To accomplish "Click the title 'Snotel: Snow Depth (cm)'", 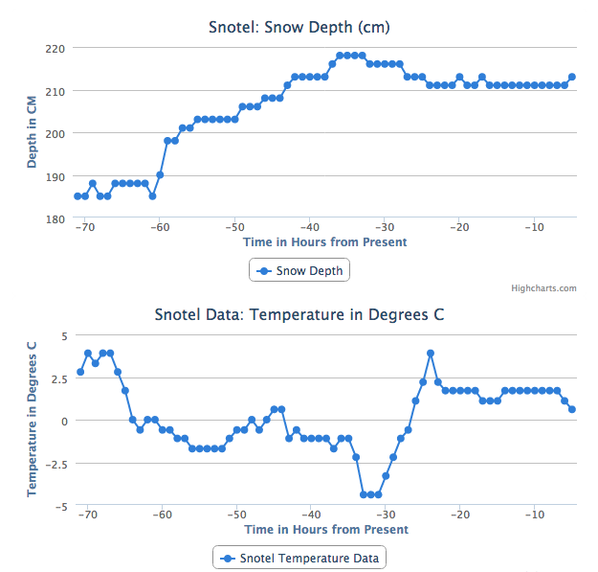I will [299, 26].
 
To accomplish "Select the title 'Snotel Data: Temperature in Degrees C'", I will [299, 314].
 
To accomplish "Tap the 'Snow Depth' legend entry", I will [299, 271].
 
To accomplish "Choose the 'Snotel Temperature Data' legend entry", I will [299, 558].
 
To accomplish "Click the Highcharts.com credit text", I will [543, 287].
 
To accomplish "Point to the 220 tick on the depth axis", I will [55, 48].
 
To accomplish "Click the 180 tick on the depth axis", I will [55, 219].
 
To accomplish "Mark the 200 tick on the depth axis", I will [55, 133].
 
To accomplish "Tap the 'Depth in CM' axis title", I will [33, 132].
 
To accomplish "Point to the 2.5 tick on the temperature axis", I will [55, 378].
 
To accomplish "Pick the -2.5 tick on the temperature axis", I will [54, 464].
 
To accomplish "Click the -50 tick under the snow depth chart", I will [234, 227].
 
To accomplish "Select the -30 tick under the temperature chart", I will [385, 515].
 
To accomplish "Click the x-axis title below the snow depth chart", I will [325, 242].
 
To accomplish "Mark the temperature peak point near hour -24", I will [431, 353].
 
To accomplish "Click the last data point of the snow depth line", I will [572, 77].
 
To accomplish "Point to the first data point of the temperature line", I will [80, 372].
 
